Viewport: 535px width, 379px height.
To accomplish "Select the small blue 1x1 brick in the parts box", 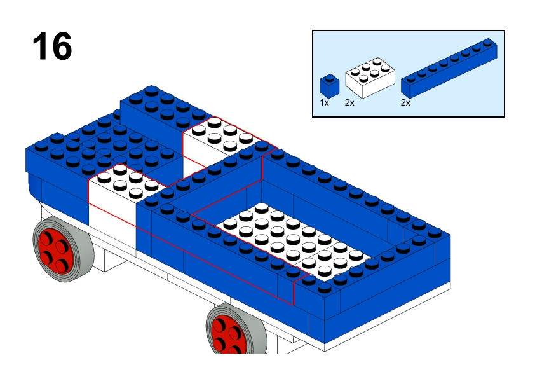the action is pyautogui.click(x=329, y=85).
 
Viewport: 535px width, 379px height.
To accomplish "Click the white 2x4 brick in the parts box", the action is pyautogui.click(x=370, y=78).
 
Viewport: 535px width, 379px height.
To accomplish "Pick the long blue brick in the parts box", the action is pyautogui.click(x=449, y=68).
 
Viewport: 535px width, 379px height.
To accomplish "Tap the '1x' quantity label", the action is pyautogui.click(x=324, y=103).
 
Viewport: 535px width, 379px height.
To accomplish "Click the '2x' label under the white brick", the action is pyautogui.click(x=349, y=103).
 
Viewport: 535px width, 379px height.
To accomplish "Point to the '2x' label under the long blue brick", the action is pyautogui.click(x=405, y=103).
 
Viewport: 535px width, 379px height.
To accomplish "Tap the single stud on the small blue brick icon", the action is pyautogui.click(x=329, y=78).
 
